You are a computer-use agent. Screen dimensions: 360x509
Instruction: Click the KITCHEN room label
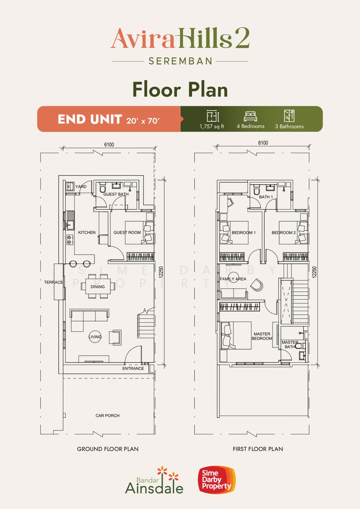pos(87,232)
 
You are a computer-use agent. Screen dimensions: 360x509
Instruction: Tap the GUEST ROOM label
pos(127,232)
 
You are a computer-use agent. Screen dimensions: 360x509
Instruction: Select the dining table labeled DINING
pos(98,286)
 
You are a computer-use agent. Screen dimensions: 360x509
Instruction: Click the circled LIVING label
pos(95,337)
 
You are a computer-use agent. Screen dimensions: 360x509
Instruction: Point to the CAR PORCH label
pos(108,416)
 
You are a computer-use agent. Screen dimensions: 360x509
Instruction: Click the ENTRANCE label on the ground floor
pos(133,369)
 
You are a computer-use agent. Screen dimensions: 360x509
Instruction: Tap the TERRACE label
pos(53,282)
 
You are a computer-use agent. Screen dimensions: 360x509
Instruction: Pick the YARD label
pos(81,187)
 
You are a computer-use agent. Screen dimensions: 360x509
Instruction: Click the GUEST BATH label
pos(116,194)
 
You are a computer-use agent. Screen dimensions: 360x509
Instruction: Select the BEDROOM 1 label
pos(244,233)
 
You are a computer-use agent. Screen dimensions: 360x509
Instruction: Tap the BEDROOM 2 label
pos(284,233)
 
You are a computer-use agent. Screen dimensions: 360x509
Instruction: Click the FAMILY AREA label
pos(233,279)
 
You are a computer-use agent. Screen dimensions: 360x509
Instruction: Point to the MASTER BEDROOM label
pos(262,336)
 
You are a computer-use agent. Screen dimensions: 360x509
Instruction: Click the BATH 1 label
pos(266,197)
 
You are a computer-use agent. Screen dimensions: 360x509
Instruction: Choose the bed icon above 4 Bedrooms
pos(250,116)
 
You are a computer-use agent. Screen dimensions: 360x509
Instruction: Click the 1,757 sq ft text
pos(212,126)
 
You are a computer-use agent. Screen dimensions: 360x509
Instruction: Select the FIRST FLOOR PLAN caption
pos(258,449)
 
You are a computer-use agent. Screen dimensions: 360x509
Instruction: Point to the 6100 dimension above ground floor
pos(109,145)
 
